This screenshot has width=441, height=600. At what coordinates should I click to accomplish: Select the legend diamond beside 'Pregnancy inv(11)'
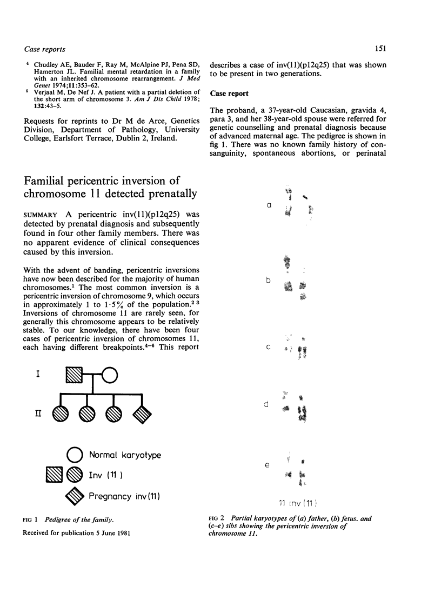[75, 495]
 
